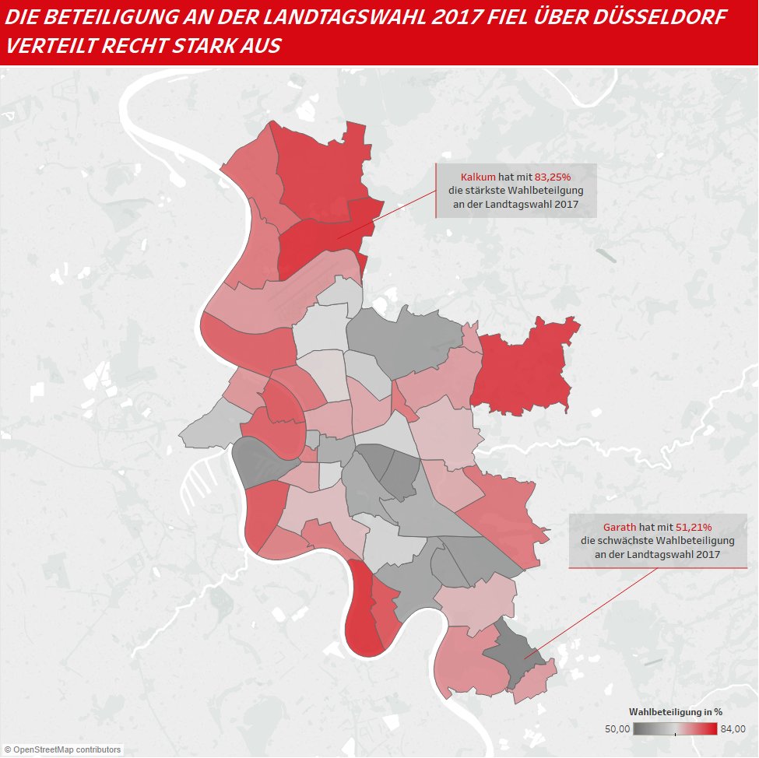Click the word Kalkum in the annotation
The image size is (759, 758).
(479, 177)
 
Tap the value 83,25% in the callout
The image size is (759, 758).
(553, 177)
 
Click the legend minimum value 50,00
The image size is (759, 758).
(617, 729)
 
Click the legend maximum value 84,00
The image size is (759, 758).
(733, 729)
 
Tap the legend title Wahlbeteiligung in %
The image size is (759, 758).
(676, 711)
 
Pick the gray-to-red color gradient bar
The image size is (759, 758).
(675, 729)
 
